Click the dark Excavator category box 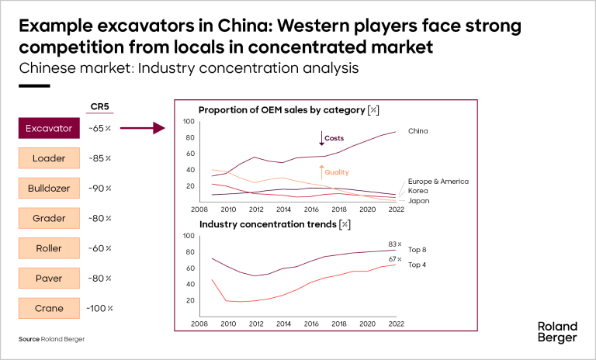[49, 129]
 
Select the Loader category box [49, 159]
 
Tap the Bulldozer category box [49, 189]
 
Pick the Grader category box [49, 219]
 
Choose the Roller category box [49, 248]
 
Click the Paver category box [49, 279]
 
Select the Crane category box [49, 308]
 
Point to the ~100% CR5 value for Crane [100, 308]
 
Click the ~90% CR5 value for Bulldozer [100, 189]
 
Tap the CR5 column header [99, 107]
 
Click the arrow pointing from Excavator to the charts [144, 129]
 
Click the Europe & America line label [438, 181]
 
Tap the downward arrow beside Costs [320, 138]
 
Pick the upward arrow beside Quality [320, 172]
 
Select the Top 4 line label [418, 265]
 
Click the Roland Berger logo [556, 332]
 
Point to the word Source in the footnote [29, 340]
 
